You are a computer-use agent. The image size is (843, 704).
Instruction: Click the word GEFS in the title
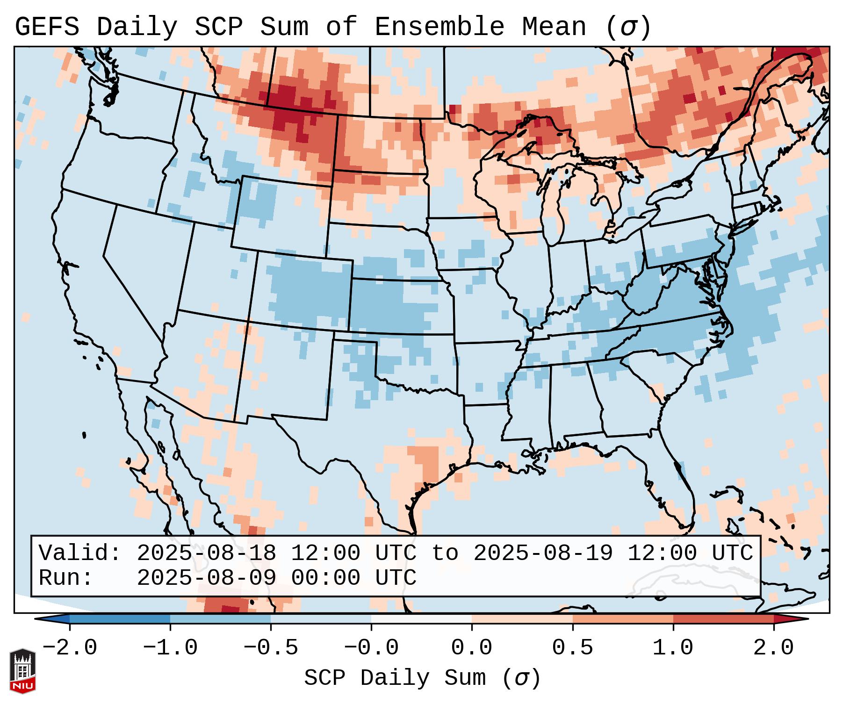[x=47, y=27]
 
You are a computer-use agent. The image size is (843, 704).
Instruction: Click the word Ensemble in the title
[x=440, y=27]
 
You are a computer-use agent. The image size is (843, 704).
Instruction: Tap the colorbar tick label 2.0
[x=773, y=648]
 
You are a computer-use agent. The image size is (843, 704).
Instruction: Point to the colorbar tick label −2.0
[x=70, y=648]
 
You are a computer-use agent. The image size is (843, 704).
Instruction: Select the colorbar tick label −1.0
[x=170, y=648]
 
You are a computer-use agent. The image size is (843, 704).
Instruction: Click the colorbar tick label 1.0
[x=673, y=648]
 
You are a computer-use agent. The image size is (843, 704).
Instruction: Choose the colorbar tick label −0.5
[x=271, y=648]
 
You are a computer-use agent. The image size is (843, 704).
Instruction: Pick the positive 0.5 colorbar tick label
[x=572, y=648]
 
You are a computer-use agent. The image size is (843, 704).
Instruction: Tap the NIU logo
[x=22, y=671]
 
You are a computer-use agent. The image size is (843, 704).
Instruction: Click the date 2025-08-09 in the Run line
[x=206, y=578]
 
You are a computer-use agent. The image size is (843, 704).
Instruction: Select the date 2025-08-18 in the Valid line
[x=206, y=553]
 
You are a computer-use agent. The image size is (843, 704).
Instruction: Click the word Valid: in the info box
[x=80, y=553]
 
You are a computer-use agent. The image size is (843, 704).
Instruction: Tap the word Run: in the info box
[x=66, y=578]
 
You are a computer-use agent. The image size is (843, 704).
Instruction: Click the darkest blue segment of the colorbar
[x=120, y=619]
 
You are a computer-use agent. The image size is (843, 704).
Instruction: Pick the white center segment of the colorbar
[x=421, y=619]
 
